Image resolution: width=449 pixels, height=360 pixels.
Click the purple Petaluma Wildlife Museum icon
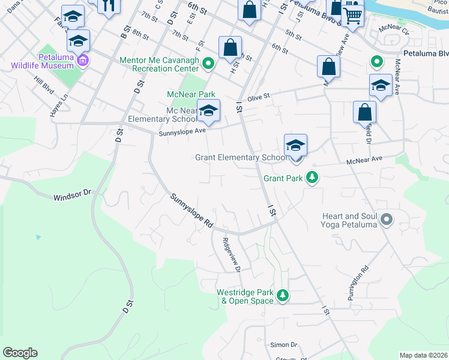tap(83, 61)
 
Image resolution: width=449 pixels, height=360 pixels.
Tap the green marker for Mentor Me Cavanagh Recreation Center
tap(208, 62)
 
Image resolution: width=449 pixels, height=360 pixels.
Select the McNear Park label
tap(190, 94)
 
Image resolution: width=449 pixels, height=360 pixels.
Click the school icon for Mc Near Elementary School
tap(208, 110)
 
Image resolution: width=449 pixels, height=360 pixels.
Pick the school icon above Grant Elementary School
tap(295, 145)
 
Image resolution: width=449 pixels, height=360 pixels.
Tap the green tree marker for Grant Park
tap(312, 178)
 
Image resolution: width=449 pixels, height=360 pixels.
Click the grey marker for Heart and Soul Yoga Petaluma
tap(387, 220)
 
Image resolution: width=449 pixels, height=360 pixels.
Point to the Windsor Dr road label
tap(71, 195)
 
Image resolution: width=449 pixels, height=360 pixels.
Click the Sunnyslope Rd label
tap(191, 210)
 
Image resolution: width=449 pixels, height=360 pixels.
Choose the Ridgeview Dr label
tap(231, 256)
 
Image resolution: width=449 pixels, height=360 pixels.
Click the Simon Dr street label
tap(284, 344)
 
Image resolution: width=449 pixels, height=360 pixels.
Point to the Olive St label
tap(259, 96)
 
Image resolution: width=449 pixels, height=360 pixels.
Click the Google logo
tap(20, 353)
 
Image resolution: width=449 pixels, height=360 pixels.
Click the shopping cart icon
tap(353, 17)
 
